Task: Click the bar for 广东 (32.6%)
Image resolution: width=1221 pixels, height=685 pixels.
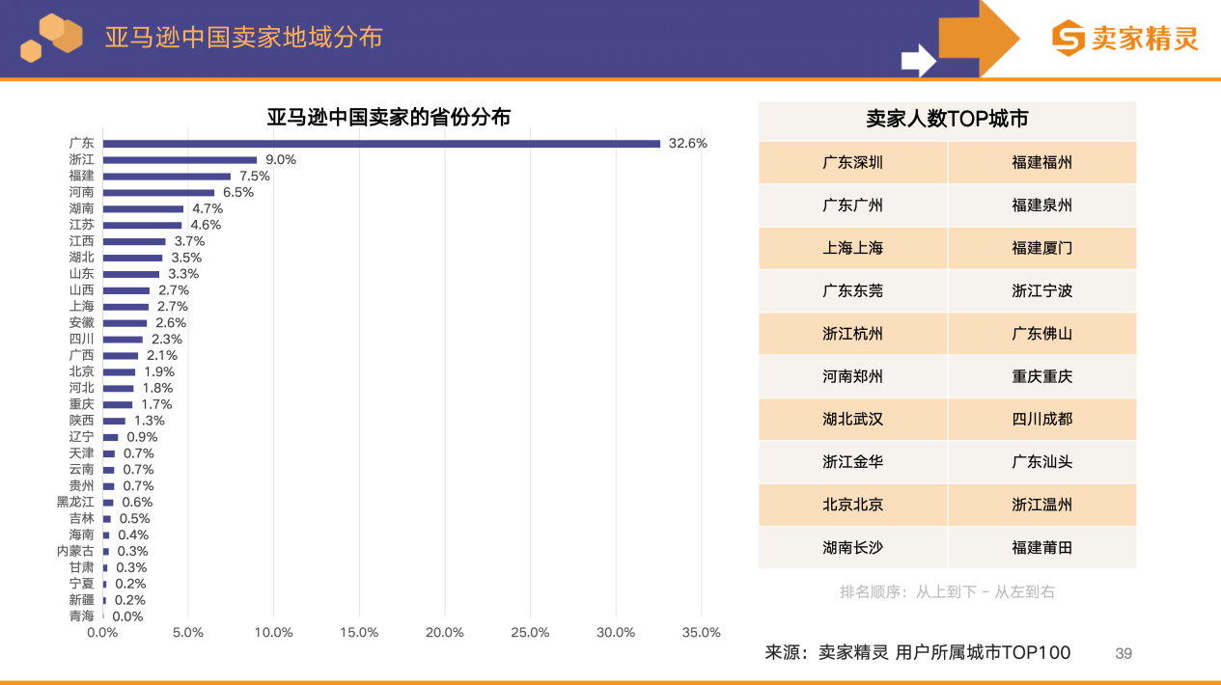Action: coord(381,144)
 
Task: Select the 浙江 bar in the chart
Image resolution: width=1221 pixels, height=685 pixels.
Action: coord(180,160)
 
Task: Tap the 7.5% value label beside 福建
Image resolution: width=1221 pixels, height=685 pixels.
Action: coord(255,177)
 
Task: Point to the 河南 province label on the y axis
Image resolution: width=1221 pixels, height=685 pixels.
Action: coord(81,192)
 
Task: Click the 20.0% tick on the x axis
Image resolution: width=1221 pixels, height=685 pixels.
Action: coord(445,632)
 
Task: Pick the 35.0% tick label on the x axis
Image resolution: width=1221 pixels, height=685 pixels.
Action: coord(701,632)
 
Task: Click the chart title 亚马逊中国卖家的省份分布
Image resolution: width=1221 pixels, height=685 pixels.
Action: coord(389,118)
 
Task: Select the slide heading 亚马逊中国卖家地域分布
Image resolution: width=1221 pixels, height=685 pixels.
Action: coord(243,37)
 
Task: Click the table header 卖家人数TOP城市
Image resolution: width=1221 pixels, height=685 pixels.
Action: coord(947,119)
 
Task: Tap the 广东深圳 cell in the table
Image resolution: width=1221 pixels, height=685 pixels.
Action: coord(852,162)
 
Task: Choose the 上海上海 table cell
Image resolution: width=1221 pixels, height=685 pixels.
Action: coord(852,248)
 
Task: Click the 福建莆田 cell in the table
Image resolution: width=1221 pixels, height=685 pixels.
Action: coord(1041,547)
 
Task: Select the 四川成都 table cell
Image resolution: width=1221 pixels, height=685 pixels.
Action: coord(1041,419)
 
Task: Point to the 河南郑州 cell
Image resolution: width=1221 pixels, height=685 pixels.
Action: coord(852,376)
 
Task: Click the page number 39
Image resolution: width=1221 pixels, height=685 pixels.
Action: coord(1124,653)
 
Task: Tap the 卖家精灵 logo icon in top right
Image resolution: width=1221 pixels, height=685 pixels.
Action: coord(1068,39)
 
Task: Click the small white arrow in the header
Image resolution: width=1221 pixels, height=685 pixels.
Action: coord(918,61)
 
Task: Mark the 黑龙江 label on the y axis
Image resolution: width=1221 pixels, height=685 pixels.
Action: coord(75,502)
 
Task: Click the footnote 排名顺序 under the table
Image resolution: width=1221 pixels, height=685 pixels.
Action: coord(947,591)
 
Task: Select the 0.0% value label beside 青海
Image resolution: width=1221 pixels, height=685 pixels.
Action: coord(127,616)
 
